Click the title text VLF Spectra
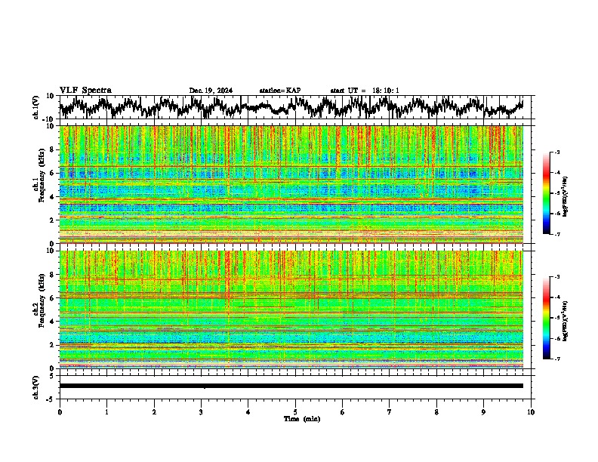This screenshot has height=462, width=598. [x=85, y=90]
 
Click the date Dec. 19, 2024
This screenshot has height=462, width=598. [x=211, y=91]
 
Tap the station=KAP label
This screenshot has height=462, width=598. [x=279, y=91]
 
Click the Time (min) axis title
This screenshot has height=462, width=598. [x=301, y=419]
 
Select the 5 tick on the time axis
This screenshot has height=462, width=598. [x=295, y=412]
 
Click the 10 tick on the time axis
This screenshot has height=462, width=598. [x=532, y=412]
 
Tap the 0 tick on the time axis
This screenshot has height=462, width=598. [x=60, y=412]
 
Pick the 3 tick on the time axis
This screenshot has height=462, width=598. [x=201, y=412]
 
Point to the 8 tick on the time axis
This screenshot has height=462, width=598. [x=436, y=412]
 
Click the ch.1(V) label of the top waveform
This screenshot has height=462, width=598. [x=36, y=107]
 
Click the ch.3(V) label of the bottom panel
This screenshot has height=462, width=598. [x=36, y=386]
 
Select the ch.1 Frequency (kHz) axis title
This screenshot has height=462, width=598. [x=39, y=184]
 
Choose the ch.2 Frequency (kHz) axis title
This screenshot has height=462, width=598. [x=39, y=309]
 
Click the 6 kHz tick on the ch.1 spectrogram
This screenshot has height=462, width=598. [x=54, y=173]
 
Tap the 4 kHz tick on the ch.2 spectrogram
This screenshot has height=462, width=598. [x=54, y=321]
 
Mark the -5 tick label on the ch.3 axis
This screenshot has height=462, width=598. [x=52, y=398]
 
